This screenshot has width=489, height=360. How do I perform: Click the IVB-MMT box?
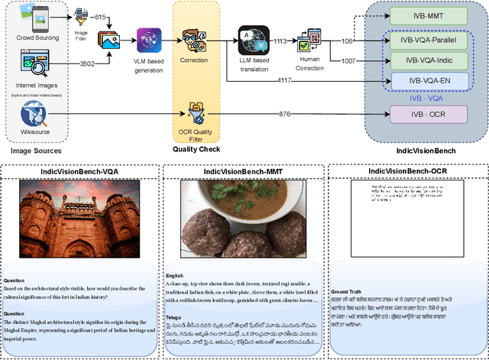427,15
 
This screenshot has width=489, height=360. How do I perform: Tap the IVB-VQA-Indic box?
427,60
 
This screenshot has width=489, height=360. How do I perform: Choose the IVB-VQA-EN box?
427,81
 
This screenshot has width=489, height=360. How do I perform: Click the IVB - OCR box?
427,114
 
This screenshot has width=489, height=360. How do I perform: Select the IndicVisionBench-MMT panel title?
244,171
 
